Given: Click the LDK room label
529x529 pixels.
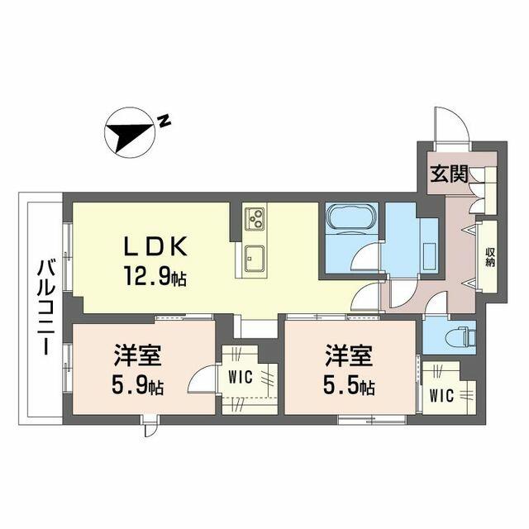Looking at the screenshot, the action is (x=155, y=246).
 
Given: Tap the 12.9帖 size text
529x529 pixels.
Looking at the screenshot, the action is (x=155, y=275).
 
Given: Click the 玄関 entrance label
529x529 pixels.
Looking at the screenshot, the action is (x=450, y=174).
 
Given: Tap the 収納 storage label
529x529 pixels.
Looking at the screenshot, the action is (x=490, y=257).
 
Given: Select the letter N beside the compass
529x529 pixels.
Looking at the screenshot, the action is (x=164, y=121).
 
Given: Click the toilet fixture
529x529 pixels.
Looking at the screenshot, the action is (x=460, y=336).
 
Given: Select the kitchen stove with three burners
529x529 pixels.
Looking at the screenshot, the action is (x=255, y=218).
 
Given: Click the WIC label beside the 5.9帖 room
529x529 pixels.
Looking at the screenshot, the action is (x=241, y=377).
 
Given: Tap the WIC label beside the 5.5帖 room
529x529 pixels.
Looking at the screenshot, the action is (x=441, y=396).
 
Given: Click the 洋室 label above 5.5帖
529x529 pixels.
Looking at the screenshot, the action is (x=349, y=356).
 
